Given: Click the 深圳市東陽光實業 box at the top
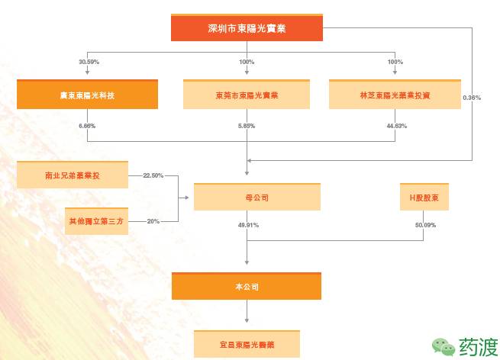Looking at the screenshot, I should [x=246, y=28].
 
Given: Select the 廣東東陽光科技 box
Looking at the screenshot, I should [x=87, y=95].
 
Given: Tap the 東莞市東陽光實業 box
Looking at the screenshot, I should [x=246, y=95].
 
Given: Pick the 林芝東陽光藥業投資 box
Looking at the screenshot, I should [x=395, y=95].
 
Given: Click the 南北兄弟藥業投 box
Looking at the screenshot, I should [x=72, y=175].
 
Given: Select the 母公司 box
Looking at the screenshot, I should [x=246, y=196].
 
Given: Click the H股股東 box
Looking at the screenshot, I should [x=424, y=196].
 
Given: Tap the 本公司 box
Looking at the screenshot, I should [x=246, y=286].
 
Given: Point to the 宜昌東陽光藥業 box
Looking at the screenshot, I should [x=246, y=343].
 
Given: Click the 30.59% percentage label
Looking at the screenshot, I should [x=89, y=61].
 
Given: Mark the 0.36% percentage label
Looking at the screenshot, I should [x=472, y=98].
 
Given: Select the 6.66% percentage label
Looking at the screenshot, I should [x=86, y=125].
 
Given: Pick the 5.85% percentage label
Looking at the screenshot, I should [x=246, y=125].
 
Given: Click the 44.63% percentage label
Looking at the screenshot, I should [x=396, y=125].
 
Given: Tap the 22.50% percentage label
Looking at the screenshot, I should [x=153, y=175].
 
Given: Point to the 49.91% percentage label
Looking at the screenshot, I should [x=248, y=225].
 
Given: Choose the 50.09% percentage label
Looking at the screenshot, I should [x=424, y=225].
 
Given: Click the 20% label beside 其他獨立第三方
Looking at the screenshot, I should [x=153, y=221].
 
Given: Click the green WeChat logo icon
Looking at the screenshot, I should [x=443, y=346].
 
